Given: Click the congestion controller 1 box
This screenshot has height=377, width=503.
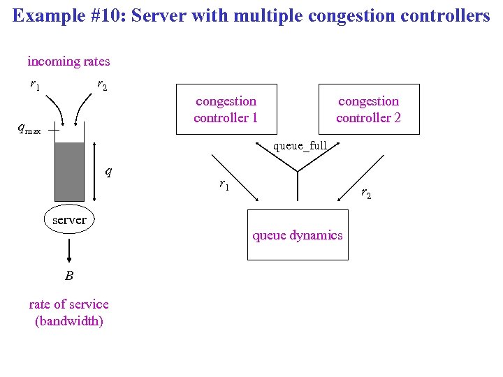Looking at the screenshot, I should pyautogui.click(x=226, y=109).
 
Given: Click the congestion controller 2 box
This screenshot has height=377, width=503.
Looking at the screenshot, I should pyautogui.click(x=368, y=109).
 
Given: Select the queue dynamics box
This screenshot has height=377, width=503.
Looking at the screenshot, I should pyautogui.click(x=298, y=235).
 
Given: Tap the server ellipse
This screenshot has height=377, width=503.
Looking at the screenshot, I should pyautogui.click(x=69, y=220).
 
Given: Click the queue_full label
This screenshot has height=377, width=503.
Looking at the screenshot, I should pyautogui.click(x=300, y=146).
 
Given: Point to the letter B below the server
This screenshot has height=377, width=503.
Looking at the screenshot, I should pyautogui.click(x=68, y=275).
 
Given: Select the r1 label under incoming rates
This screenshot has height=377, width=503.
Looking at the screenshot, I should pyautogui.click(x=34, y=85).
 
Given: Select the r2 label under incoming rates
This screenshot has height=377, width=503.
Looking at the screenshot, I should pyautogui.click(x=102, y=85).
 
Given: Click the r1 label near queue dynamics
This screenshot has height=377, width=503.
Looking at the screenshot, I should pyautogui.click(x=224, y=185).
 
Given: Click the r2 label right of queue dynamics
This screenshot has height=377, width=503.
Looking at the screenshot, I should pyautogui.click(x=366, y=193).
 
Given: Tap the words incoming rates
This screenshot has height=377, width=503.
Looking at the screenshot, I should pyautogui.click(x=68, y=61).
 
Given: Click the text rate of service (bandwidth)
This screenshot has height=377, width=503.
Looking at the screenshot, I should pyautogui.click(x=68, y=312).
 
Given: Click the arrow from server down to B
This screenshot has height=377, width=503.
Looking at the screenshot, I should pyautogui.click(x=69, y=249).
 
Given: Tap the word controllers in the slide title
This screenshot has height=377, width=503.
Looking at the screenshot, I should pyautogui.click(x=448, y=15).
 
